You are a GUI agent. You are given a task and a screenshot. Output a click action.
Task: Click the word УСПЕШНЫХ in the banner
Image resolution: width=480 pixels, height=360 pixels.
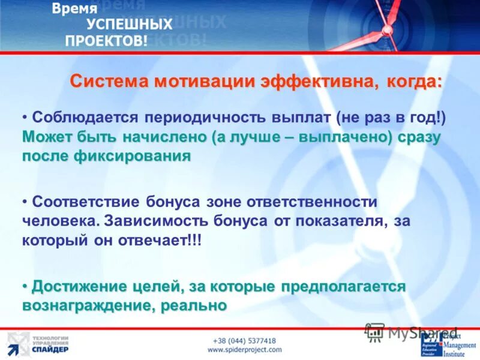coord(129,25)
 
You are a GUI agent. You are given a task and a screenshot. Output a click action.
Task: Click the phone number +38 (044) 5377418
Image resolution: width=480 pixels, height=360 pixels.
coord(244,340)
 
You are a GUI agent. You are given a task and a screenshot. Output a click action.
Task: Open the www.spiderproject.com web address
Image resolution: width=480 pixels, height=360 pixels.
coord(244,349)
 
